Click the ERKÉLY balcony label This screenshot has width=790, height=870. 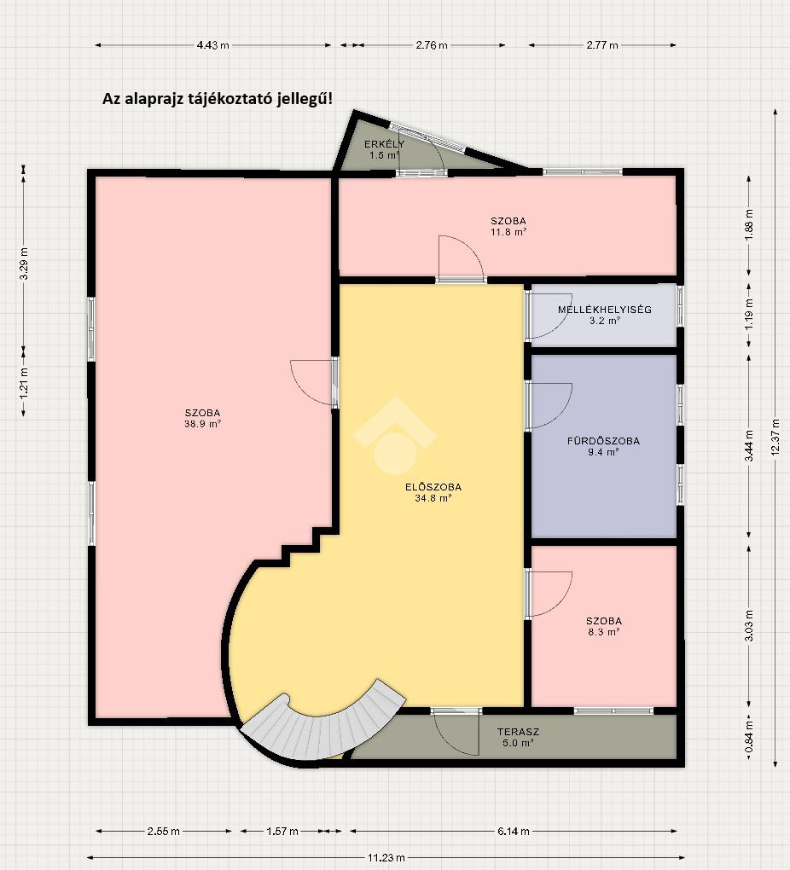tap(384, 144)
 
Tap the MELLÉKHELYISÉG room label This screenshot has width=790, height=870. tap(605, 310)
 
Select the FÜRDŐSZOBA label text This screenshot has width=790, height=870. tap(603, 441)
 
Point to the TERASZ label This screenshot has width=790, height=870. tap(518, 732)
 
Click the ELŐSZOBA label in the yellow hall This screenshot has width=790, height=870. tap(433, 487)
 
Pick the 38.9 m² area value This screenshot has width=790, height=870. tap(203, 424)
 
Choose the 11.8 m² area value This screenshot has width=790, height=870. tap(508, 232)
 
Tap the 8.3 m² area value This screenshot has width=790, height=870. tap(603, 632)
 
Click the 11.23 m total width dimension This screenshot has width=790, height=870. tap(386, 857)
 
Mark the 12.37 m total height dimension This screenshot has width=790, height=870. tap(775, 438)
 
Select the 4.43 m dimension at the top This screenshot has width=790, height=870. tap(212, 45)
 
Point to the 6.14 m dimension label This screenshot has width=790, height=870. tap(514, 831)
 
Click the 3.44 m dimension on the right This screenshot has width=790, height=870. tap(749, 445)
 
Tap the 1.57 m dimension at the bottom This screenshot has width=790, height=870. tap(282, 831)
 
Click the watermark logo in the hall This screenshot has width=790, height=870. tap(395, 436)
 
